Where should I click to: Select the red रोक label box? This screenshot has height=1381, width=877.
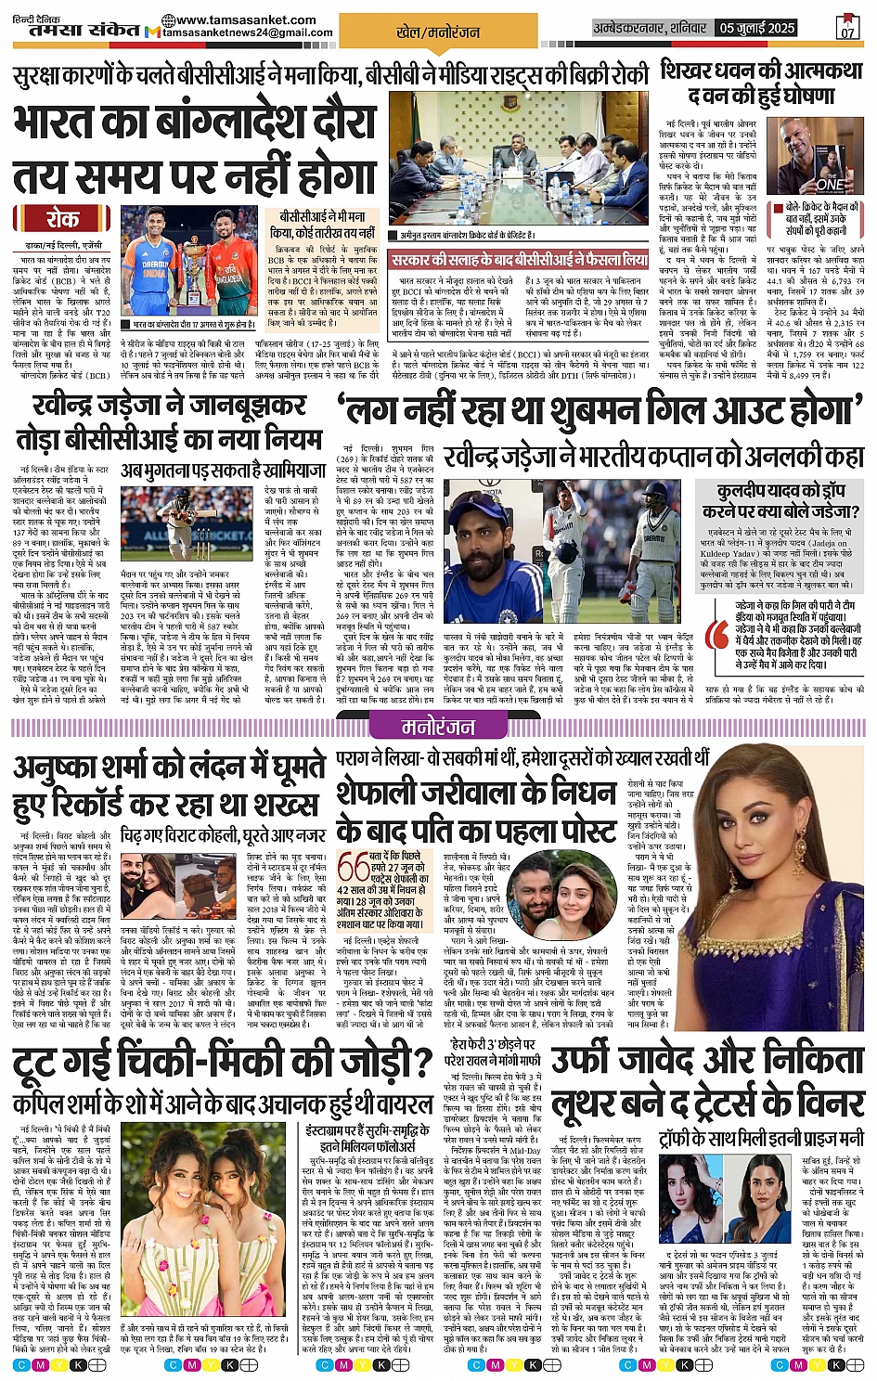[61, 219]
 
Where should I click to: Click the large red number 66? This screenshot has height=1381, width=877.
[354, 868]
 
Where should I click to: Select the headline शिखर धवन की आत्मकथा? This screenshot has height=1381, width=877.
[761, 82]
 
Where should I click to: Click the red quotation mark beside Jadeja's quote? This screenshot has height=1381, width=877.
[716, 633]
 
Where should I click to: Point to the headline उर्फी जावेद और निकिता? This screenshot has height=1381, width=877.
[708, 1061]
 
